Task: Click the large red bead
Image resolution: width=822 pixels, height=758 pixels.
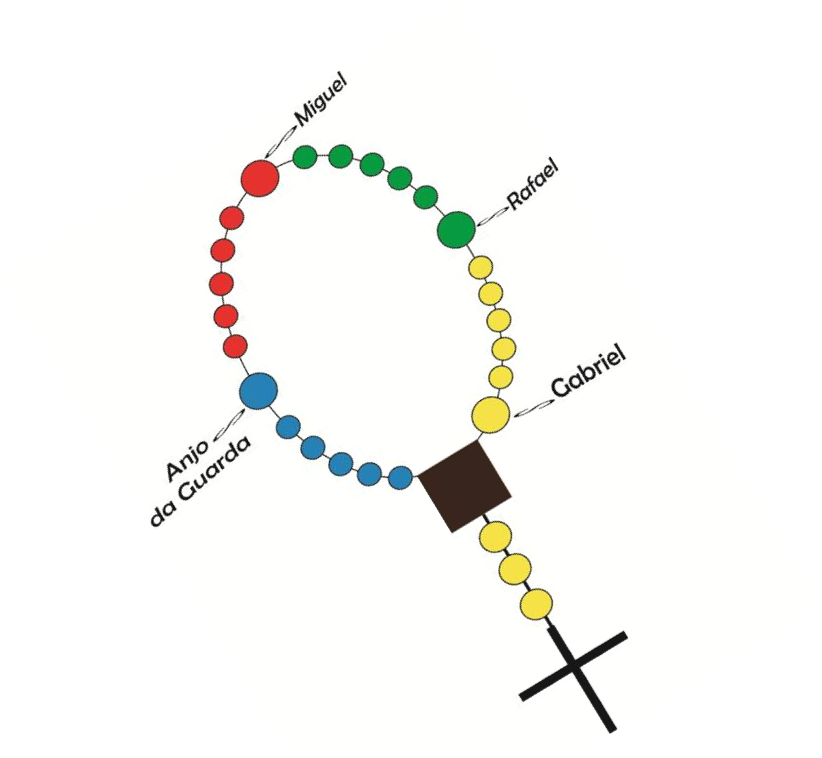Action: click(260, 178)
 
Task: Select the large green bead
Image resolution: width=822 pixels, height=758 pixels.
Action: click(456, 230)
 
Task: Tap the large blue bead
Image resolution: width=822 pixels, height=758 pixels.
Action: click(259, 391)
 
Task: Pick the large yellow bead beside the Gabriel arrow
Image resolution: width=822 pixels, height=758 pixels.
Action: click(491, 415)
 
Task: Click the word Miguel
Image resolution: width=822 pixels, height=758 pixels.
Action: click(320, 100)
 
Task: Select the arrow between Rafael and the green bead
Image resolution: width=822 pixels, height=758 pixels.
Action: click(492, 216)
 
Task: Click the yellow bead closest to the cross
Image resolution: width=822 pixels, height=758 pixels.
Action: click(536, 604)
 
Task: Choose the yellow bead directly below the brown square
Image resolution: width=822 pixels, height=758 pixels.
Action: click(495, 537)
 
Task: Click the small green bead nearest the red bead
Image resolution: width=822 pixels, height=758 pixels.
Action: click(305, 157)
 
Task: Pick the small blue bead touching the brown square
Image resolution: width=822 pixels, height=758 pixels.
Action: click(400, 477)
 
